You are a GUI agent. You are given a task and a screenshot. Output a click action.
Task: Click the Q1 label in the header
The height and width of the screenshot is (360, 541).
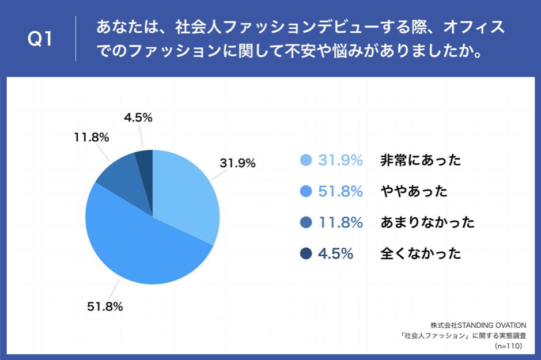40,39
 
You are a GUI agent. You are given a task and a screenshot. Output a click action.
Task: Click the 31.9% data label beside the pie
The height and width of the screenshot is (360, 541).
237,163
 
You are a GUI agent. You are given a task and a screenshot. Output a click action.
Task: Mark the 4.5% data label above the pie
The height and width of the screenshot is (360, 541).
138,118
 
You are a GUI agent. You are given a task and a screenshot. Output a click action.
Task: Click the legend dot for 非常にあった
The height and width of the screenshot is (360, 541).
306,161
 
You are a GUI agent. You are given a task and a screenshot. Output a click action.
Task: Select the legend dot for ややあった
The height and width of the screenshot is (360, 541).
306,191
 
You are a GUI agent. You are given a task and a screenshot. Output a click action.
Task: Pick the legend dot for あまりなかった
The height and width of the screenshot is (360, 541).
306,222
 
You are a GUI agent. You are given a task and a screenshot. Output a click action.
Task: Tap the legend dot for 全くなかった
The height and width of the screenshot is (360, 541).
306,253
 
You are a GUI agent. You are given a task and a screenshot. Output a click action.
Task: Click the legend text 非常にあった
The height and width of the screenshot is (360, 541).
421,161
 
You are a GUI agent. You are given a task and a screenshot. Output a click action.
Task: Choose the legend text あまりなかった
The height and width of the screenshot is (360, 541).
427,222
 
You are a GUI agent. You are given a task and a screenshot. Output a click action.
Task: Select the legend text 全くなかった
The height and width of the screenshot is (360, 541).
421,253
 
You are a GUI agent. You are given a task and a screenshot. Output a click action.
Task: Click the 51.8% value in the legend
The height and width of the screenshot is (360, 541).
341,191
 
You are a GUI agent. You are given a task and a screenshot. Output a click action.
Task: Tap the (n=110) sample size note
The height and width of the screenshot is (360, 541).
508,346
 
